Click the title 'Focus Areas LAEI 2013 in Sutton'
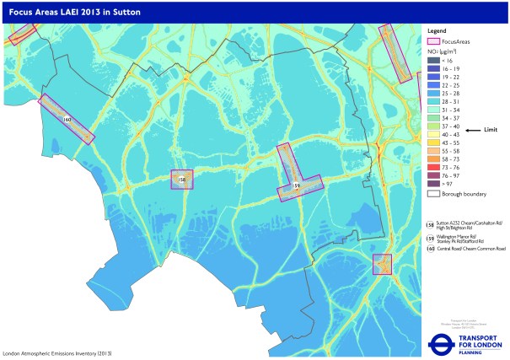point(77,13)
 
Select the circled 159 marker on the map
point(296,185)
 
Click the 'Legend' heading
point(437,30)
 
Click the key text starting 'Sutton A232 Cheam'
point(468,224)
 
